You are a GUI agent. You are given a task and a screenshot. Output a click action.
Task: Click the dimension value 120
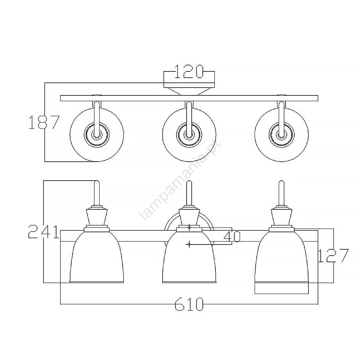pyautogui.click(x=189, y=71)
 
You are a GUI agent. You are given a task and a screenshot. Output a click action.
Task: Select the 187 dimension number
pyautogui.click(x=44, y=122)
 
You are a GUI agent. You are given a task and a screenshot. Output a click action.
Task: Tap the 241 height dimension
pyautogui.click(x=43, y=232)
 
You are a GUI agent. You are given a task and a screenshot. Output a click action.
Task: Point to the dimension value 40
pyautogui.click(x=232, y=237)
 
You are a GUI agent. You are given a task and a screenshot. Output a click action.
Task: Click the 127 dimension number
pyautogui.click(x=333, y=255)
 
